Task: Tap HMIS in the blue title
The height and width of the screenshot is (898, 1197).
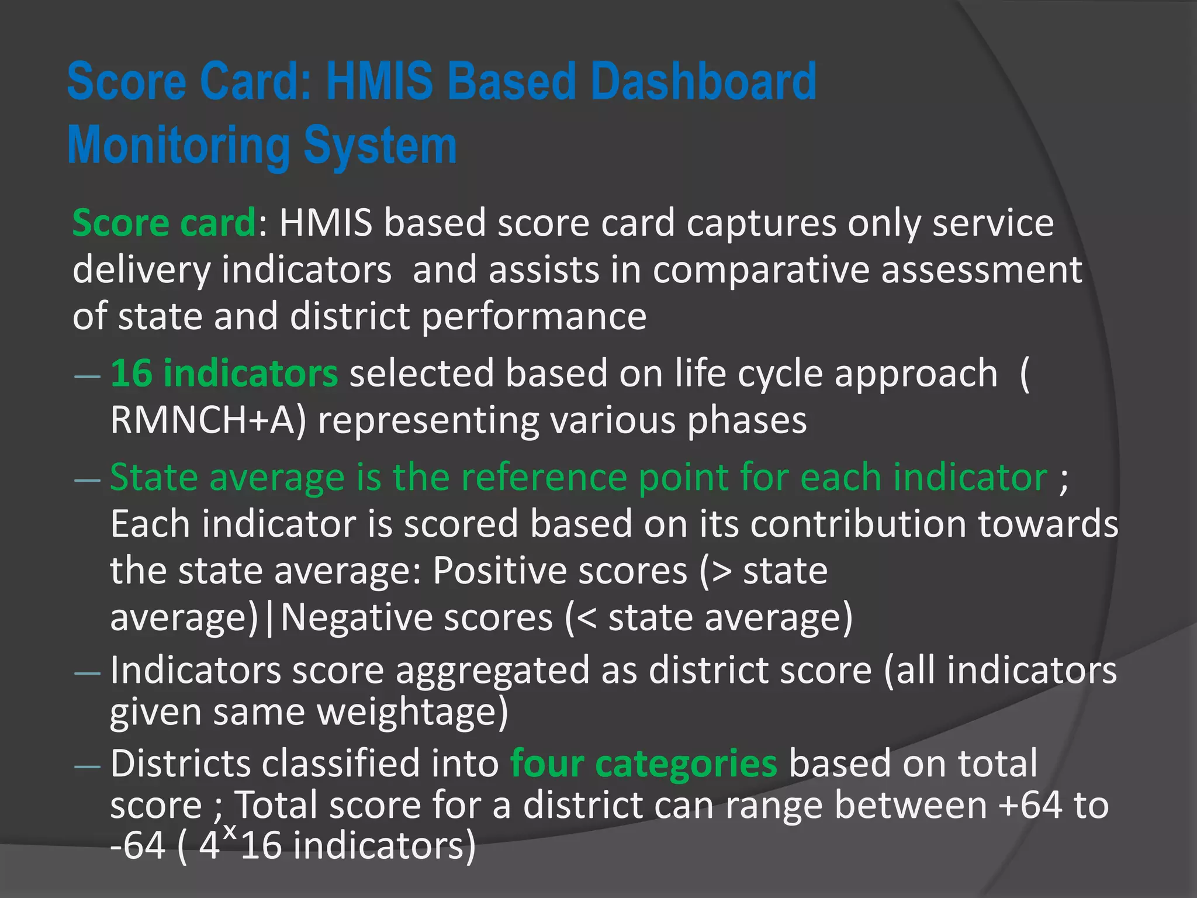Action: point(379,82)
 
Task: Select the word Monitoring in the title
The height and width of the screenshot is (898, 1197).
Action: point(179,146)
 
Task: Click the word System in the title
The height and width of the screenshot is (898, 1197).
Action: point(380,146)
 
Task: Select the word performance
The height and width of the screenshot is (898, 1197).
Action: point(534,317)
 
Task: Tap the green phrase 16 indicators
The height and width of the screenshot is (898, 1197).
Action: point(224,374)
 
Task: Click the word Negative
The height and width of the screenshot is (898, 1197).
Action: point(417,617)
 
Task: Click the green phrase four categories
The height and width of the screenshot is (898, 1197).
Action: point(644,764)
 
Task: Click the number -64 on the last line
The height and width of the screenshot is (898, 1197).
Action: point(138,846)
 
